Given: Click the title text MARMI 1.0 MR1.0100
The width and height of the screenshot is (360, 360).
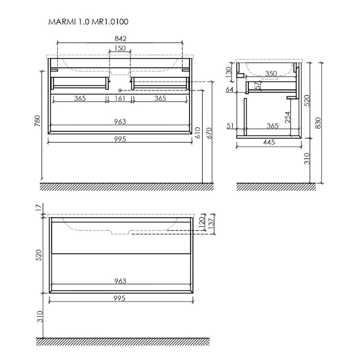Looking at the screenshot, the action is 88,22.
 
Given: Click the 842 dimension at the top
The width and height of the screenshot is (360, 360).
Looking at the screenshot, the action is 121,39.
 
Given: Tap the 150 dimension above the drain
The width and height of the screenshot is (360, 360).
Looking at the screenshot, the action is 120,48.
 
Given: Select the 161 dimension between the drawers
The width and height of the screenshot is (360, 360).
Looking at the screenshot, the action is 120,99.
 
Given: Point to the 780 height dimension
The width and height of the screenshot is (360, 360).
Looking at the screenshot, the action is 37,121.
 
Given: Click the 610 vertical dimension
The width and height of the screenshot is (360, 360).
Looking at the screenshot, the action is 198,133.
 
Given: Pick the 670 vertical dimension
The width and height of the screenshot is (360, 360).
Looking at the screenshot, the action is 210,133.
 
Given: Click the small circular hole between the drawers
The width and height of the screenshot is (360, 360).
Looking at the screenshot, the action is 120,90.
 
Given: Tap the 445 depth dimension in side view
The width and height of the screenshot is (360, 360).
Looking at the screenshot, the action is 269,142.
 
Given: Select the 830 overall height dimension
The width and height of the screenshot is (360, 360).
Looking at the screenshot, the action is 318,123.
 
